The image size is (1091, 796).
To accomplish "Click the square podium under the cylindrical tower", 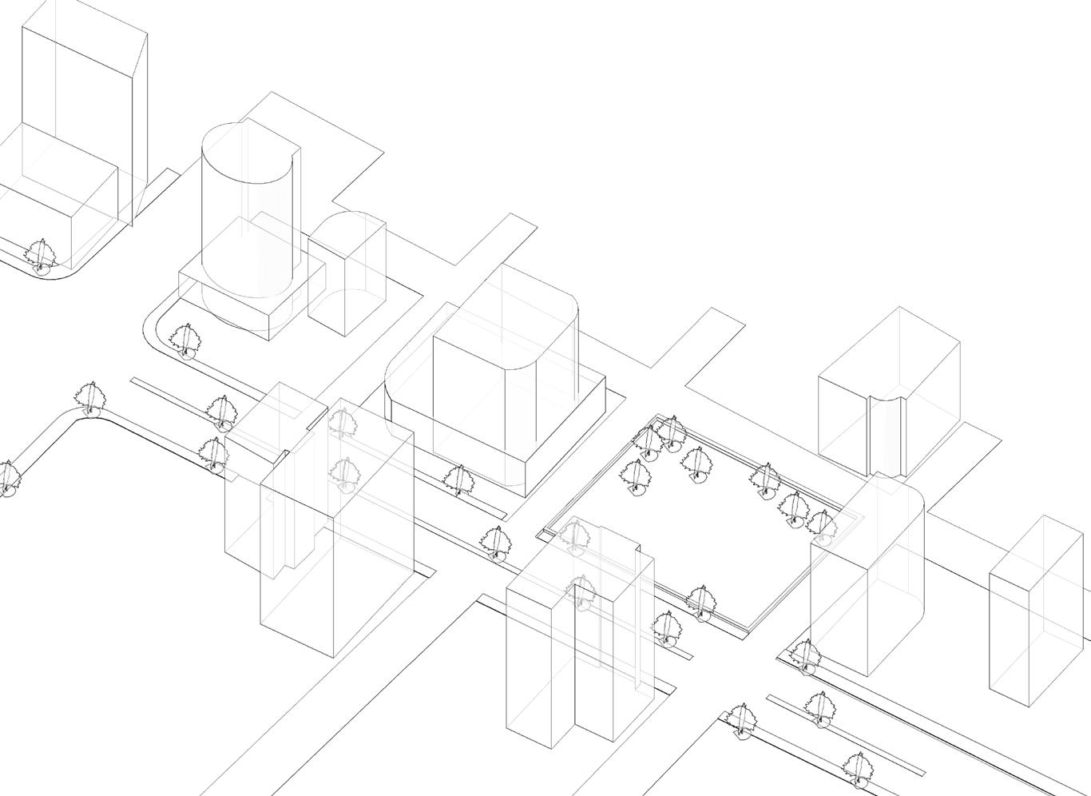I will [240, 304].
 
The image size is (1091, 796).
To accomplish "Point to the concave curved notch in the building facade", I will [887, 432].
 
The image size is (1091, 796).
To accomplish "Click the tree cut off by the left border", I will [6, 478].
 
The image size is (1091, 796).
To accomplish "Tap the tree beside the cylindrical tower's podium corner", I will [185, 341].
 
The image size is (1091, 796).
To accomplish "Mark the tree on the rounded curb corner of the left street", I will [89, 398].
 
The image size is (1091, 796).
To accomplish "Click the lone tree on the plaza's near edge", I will [701, 603].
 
